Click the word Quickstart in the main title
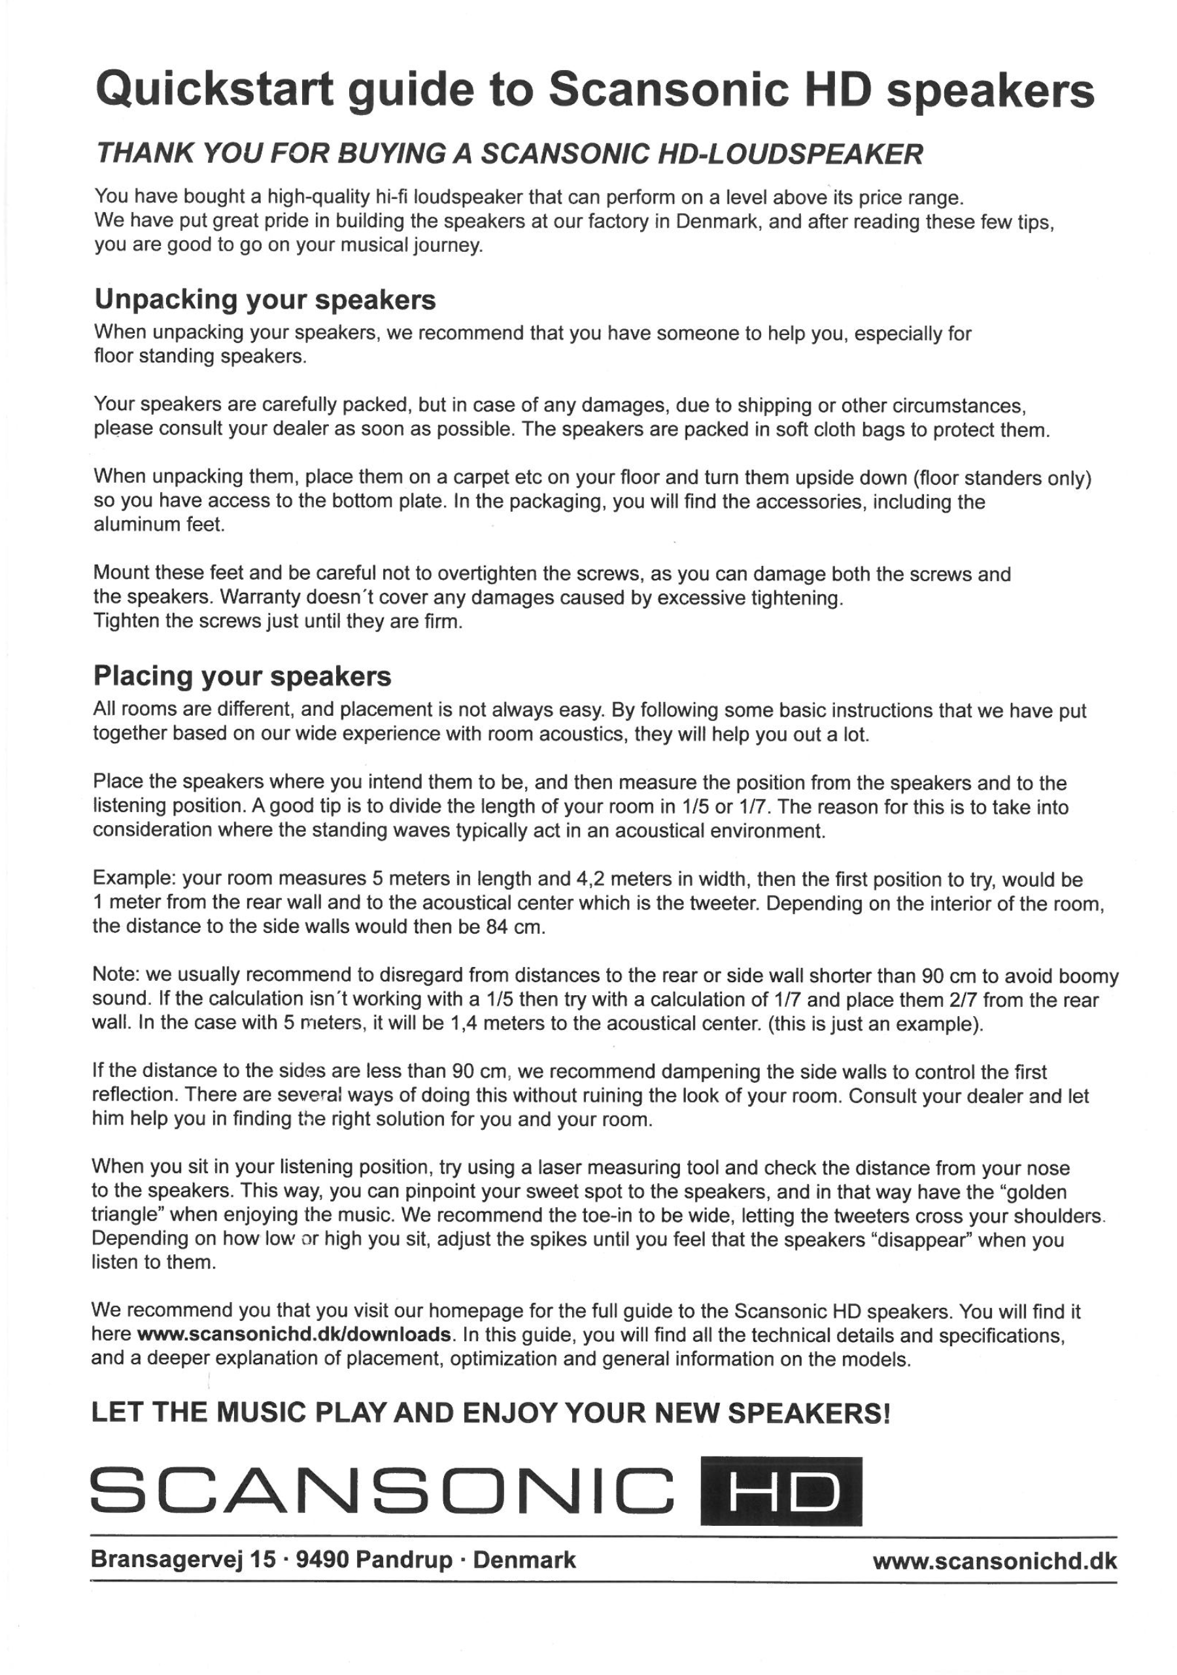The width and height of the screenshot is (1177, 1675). (214, 91)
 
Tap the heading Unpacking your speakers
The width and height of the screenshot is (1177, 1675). (265, 300)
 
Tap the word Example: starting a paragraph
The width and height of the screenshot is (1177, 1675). (134, 880)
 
